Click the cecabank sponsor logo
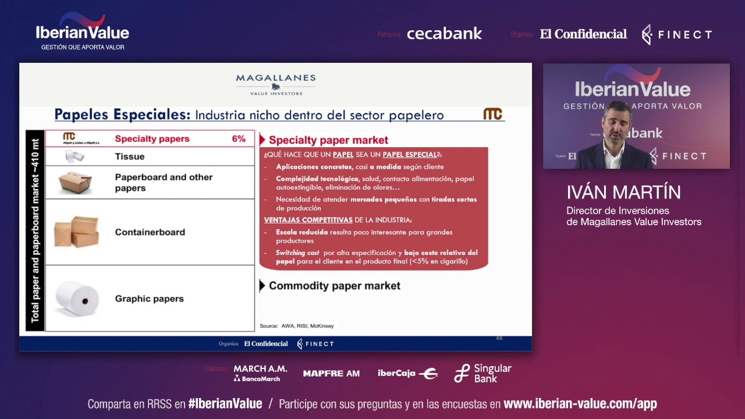444,34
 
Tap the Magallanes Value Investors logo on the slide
276,84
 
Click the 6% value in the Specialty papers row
239,139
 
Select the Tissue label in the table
130,157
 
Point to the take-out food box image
75,182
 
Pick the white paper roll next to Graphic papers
77,298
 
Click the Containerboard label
150,232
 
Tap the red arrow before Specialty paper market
262,140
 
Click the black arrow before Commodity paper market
262,285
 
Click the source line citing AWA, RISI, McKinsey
297,326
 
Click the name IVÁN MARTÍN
623,193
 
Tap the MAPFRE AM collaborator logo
331,374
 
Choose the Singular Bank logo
483,373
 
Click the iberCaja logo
407,374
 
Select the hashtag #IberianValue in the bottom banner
225,404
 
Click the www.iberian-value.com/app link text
580,404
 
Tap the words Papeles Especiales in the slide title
122,115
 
